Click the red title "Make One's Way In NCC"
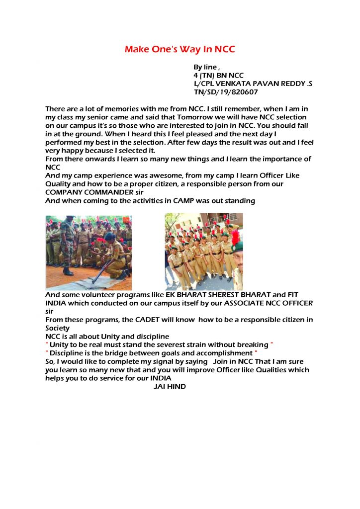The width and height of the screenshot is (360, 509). [x=180, y=49]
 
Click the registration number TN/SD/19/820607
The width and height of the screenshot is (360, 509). [x=226, y=92]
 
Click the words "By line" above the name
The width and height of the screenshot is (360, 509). [x=205, y=67]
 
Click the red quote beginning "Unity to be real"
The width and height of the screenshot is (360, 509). [x=159, y=345]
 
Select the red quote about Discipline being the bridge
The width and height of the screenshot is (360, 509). [x=151, y=353]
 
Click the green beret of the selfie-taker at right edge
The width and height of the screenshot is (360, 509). [x=238, y=247]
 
